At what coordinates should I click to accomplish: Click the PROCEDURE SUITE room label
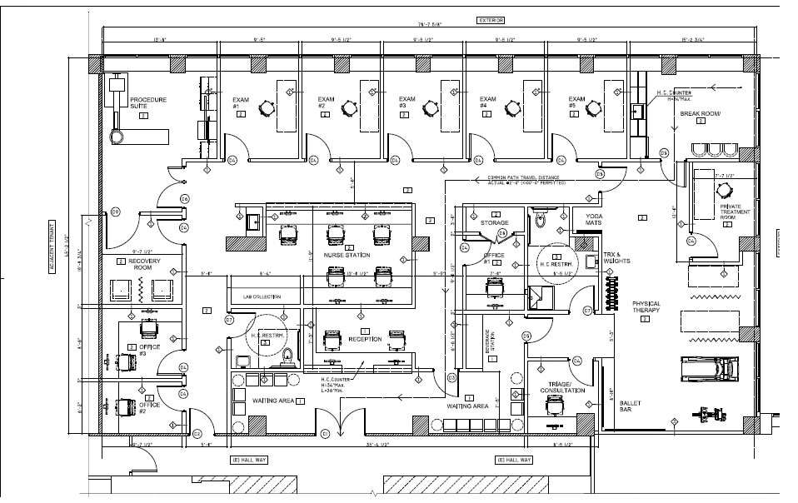tap(147, 103)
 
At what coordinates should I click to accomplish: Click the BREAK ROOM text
tap(701, 113)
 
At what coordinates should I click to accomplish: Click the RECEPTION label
tap(365, 339)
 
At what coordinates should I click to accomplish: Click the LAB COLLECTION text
tap(262, 296)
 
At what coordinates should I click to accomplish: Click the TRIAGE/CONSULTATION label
tap(562, 387)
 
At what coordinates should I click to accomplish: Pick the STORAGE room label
tap(495, 223)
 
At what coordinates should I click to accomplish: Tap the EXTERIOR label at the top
tap(491, 20)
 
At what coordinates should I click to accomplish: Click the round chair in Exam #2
tap(348, 107)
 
